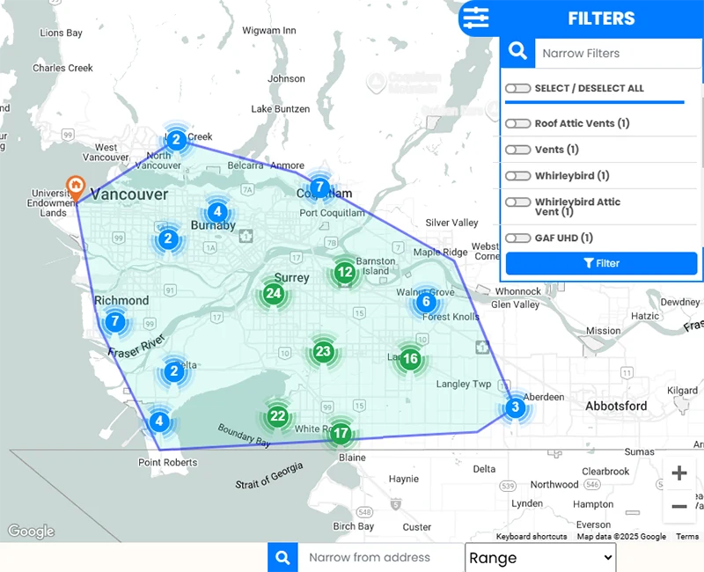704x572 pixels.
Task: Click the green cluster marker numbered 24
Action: [x=274, y=293]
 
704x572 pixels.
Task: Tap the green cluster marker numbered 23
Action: [x=323, y=352]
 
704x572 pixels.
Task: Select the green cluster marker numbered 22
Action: [x=278, y=416]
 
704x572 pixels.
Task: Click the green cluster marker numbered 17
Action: [x=341, y=434]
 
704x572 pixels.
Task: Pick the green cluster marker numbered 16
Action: [x=410, y=358]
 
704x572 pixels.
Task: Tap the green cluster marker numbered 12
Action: [x=345, y=273]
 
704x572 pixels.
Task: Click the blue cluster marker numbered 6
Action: [x=426, y=302]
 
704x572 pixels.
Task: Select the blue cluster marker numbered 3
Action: [x=516, y=407]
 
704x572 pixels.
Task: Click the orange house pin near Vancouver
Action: [x=77, y=187]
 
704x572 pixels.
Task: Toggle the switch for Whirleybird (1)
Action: [x=517, y=176]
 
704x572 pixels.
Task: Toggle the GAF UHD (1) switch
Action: [x=517, y=238]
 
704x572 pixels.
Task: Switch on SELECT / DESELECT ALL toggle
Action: [x=517, y=88]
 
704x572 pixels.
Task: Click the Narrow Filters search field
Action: [x=616, y=53]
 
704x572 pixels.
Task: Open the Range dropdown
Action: [x=540, y=557]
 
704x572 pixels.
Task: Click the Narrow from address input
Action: [x=378, y=557]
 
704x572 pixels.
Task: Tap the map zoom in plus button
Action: [x=679, y=473]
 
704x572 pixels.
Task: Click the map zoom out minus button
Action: [x=679, y=506]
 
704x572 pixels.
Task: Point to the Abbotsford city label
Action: [x=616, y=407]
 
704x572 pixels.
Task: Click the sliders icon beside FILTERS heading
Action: [x=476, y=18]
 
